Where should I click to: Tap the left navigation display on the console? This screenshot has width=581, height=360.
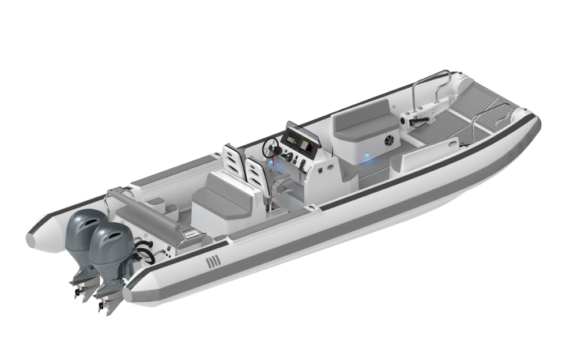291,138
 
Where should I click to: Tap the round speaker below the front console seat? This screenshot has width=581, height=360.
390,139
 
